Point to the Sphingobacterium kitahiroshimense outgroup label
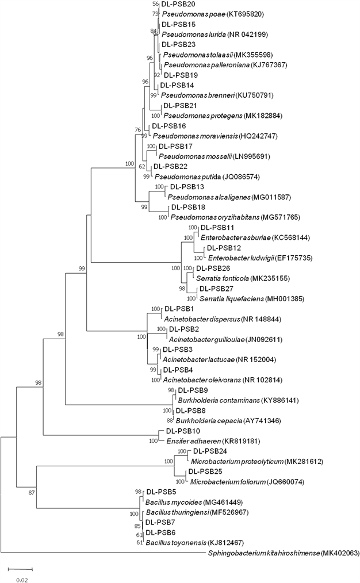coord(262,554)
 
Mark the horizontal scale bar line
coord(20,568)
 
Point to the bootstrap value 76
coord(137,129)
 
